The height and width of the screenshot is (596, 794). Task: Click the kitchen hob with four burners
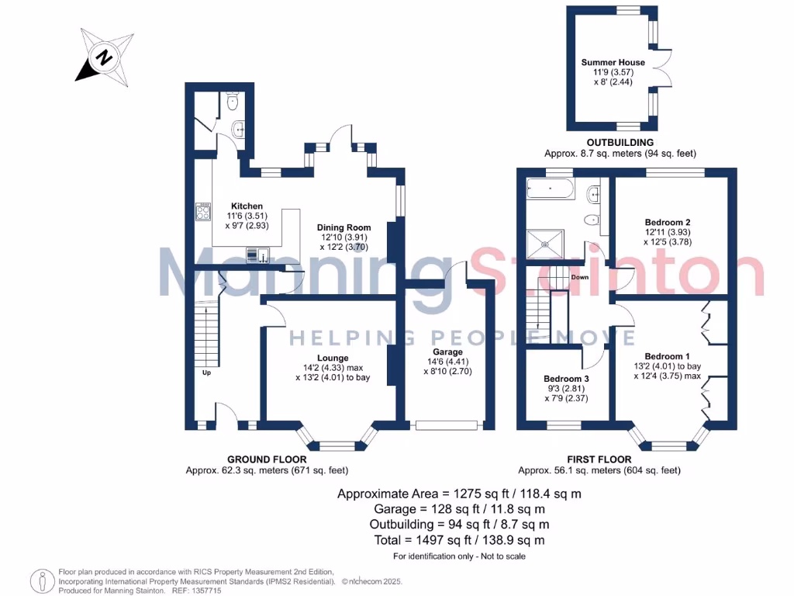203,213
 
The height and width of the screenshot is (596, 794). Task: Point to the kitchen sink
255,254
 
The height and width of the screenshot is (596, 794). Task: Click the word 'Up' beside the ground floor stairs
206,372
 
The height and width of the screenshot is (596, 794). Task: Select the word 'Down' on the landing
579,277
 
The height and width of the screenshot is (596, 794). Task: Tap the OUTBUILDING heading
620,143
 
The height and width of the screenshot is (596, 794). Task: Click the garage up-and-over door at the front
446,425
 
